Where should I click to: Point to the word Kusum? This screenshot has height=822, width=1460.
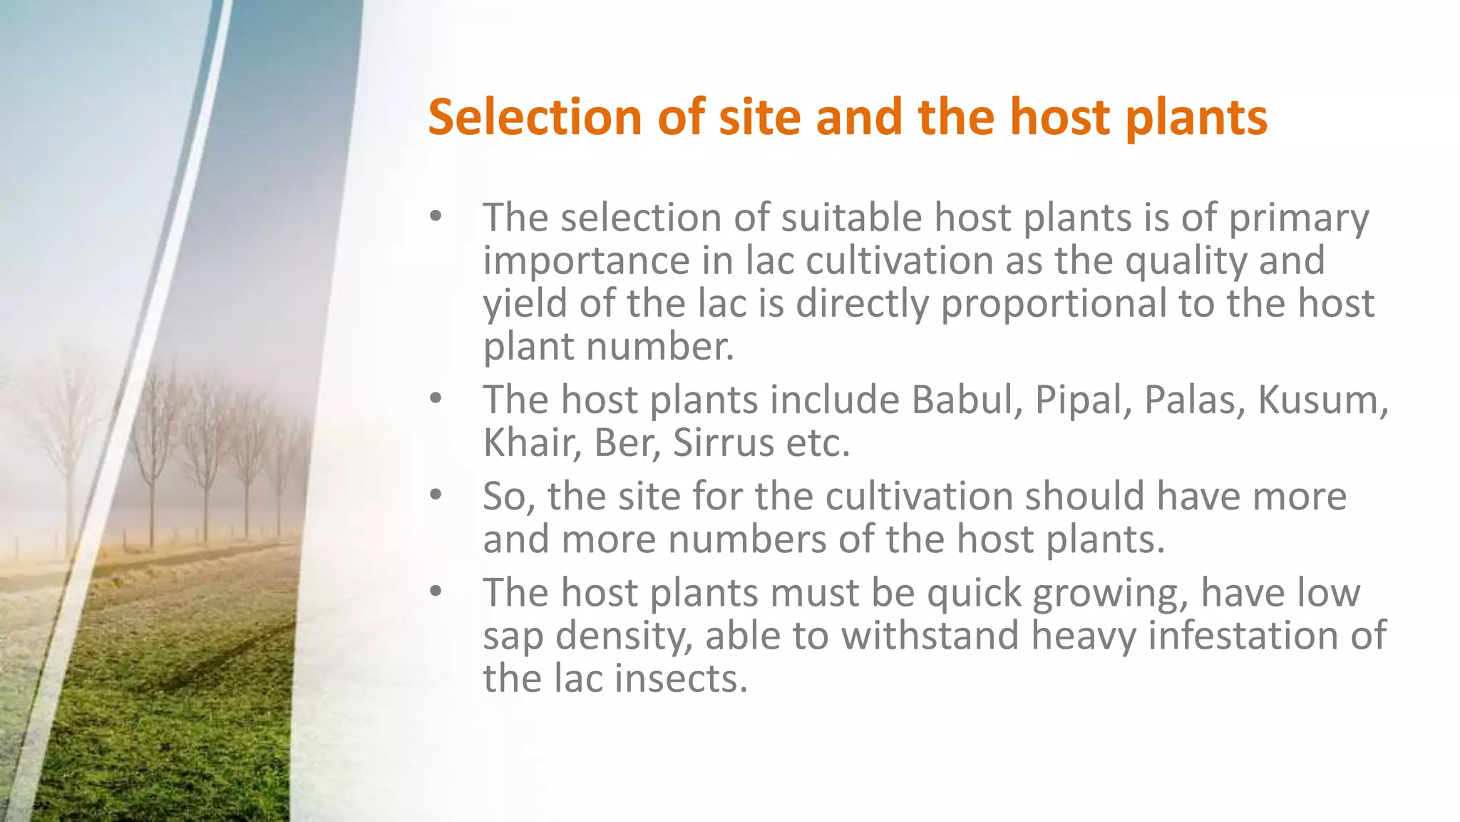click(x=1320, y=400)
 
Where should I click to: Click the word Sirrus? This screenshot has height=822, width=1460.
click(x=723, y=442)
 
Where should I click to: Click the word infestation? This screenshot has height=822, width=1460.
click(x=1252, y=635)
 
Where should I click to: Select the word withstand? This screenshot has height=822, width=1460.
click(x=930, y=635)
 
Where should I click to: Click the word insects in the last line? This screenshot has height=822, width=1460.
click(x=680, y=678)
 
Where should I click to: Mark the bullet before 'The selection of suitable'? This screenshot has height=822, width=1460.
click(x=436, y=216)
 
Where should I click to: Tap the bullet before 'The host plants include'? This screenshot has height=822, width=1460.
click(x=436, y=399)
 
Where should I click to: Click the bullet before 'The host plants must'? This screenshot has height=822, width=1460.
click(x=436, y=592)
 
